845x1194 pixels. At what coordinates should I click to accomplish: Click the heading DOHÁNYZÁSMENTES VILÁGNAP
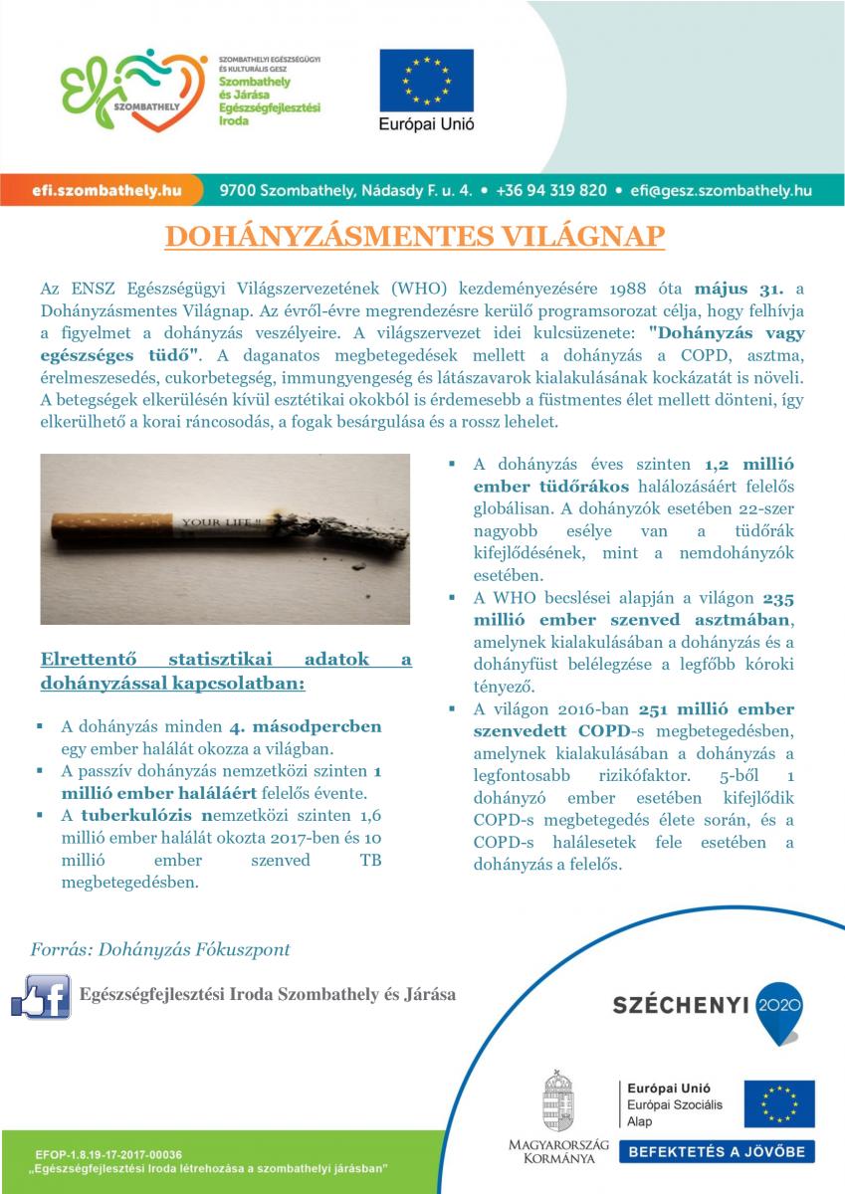(x=414, y=236)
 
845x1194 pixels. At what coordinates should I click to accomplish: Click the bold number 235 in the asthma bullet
(x=777, y=598)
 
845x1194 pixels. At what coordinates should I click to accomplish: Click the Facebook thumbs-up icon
(x=41, y=995)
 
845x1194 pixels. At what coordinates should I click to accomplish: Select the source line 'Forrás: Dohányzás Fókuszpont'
(x=160, y=948)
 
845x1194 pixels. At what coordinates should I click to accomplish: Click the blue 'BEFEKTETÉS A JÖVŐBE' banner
(x=716, y=1152)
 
